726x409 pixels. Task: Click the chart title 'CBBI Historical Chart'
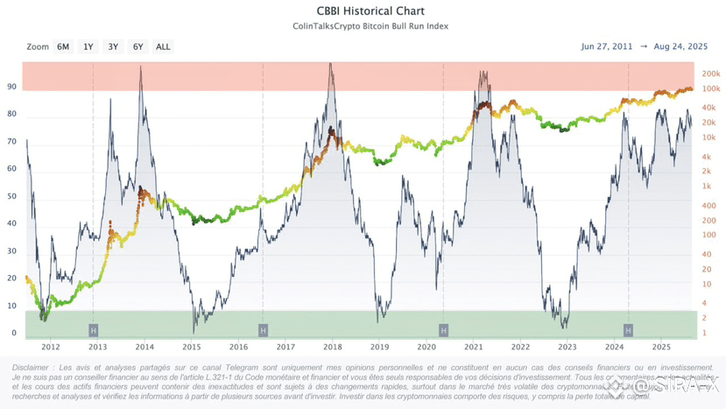[x=363, y=11]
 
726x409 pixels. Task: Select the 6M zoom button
[x=63, y=46]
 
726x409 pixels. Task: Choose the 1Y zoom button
[x=88, y=46]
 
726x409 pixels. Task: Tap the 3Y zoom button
[x=113, y=46]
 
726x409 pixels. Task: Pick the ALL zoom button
[x=163, y=46]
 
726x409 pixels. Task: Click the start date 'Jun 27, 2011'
[x=608, y=46]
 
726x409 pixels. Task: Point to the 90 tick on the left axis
[x=12, y=87]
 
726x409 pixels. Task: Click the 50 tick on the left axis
[x=12, y=196]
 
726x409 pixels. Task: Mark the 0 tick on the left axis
[x=15, y=334]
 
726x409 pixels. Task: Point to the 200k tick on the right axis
[x=711, y=73]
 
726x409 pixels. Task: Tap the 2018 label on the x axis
[x=332, y=347]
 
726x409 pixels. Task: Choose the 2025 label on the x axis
[x=661, y=347]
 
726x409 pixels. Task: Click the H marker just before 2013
[x=93, y=329]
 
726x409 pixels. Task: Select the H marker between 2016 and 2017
[x=263, y=329]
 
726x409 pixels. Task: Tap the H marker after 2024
[x=628, y=329]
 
